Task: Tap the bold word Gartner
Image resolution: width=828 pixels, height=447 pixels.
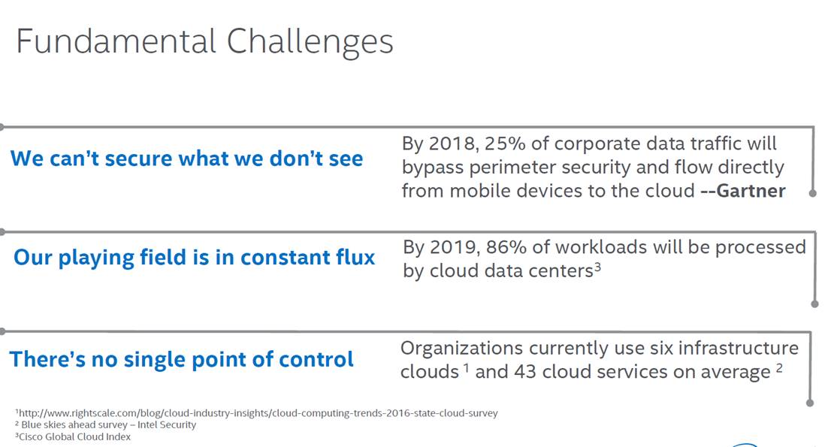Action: [751, 191]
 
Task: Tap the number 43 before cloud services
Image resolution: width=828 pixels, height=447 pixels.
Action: [525, 372]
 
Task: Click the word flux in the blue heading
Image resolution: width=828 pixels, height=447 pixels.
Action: [355, 257]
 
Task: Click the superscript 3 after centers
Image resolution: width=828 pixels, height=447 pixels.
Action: [597, 267]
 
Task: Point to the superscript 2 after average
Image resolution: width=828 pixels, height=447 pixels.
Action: [779, 367]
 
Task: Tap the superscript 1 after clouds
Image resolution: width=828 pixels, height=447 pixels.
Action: [467, 367]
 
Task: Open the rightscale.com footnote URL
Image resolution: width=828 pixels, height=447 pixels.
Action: [258, 413]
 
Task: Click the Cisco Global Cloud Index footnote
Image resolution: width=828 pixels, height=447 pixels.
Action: [73, 436]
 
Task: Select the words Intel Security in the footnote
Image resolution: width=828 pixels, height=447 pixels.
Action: [166, 424]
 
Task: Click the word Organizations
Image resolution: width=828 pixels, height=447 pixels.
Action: [461, 349]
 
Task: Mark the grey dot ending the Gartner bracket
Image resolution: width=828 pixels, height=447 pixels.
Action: [813, 194]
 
